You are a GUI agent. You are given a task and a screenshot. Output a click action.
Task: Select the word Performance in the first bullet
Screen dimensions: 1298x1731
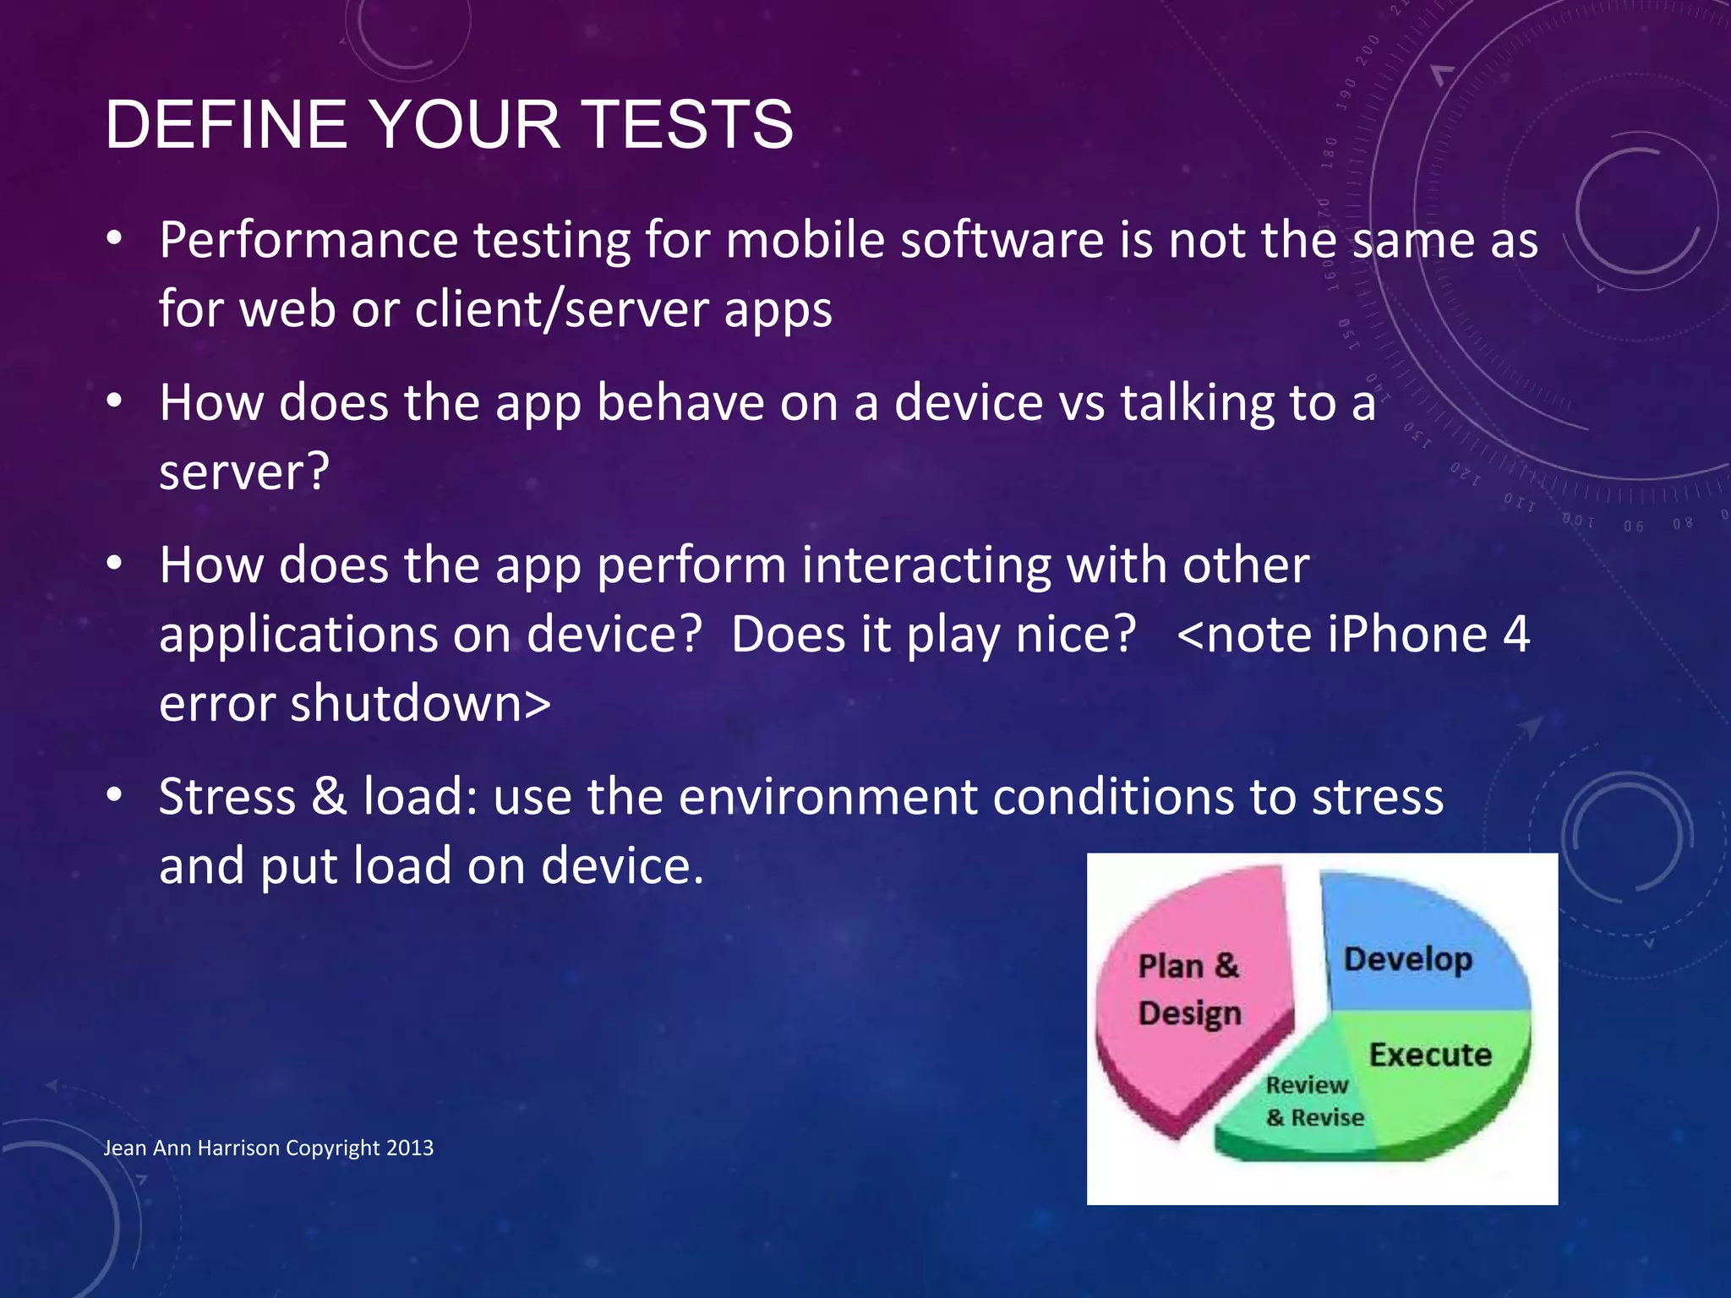309,241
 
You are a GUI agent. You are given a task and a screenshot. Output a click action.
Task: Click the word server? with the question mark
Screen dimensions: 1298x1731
244,473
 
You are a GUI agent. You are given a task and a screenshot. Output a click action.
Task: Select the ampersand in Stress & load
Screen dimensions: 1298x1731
330,797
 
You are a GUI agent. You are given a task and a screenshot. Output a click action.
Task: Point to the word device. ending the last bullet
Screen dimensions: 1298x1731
622,866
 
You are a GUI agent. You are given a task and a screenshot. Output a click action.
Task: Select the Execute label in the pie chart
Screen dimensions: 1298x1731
1430,1055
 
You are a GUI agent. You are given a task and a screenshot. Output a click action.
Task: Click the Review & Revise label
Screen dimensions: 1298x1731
1314,1101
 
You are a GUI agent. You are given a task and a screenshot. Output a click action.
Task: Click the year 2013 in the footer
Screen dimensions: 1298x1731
410,1148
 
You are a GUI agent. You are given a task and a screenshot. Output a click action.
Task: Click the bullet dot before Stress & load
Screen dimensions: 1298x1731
115,795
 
